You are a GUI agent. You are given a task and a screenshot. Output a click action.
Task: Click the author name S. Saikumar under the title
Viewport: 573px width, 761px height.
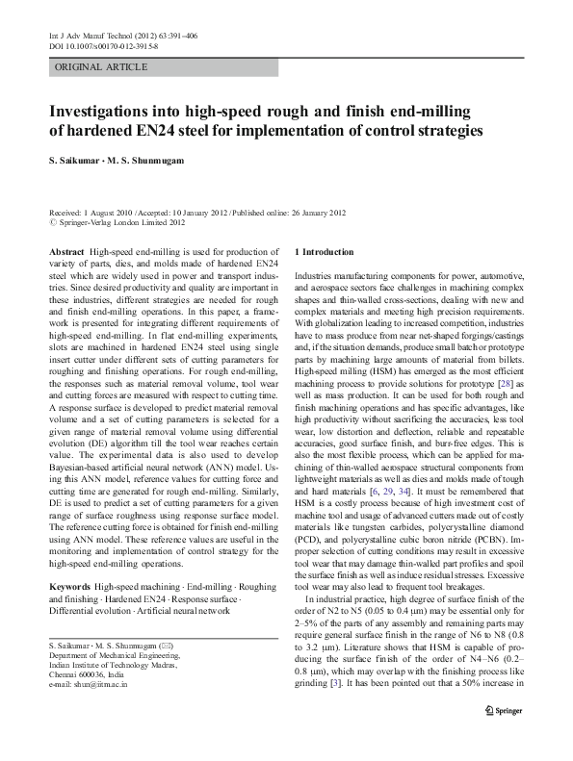tap(78, 159)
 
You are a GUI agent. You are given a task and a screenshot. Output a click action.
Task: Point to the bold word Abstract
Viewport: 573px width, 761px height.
tap(65, 251)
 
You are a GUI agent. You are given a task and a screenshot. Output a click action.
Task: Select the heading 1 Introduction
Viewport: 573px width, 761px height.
tap(328, 251)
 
